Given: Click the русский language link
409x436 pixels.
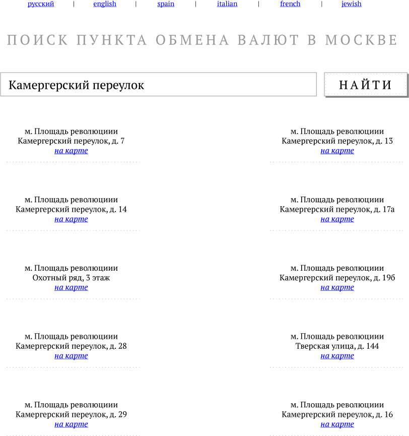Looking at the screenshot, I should point(41,4).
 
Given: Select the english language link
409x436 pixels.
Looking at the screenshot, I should point(105,4).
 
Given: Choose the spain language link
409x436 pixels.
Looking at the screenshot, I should point(166,4).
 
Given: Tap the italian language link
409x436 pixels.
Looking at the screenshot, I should point(227,4).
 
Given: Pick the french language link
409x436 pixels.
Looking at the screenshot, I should point(290,4).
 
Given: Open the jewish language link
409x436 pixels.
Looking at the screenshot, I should point(351,4).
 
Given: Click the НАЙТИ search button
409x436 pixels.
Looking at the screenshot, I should point(365,85).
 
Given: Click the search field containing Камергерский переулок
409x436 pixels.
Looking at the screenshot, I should point(158,85).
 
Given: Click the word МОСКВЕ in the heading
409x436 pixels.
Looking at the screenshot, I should point(361,40).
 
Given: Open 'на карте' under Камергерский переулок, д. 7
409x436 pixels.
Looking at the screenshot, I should point(71,151).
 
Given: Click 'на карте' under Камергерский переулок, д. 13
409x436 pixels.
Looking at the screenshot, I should point(337,151).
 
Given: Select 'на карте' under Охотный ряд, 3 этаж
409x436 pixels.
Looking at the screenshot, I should point(71,288).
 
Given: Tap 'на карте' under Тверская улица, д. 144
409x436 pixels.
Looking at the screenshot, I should point(337,356).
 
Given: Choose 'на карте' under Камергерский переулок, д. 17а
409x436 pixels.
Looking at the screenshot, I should point(337,219).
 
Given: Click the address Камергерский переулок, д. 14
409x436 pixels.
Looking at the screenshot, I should point(71,210).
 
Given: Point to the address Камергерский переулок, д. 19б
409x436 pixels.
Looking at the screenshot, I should point(337,278).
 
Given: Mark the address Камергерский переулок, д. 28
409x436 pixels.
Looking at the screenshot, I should point(71,346).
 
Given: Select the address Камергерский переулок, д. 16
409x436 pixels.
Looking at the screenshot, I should point(337,415).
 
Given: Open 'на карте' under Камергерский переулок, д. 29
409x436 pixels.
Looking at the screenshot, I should point(71,424).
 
